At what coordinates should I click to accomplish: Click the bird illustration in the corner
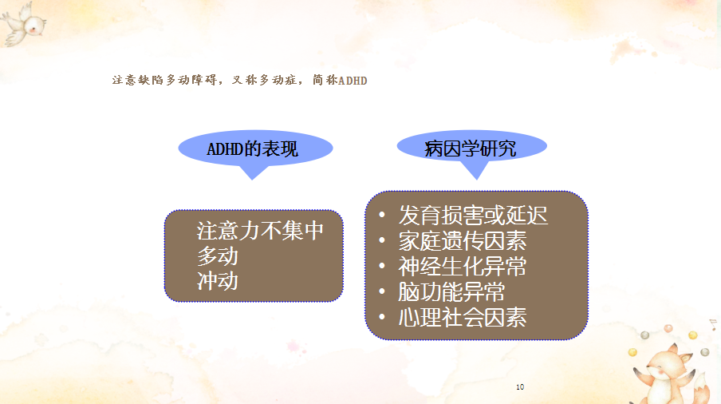pyautogui.click(x=23, y=24)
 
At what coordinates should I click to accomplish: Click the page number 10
pyautogui.click(x=520, y=387)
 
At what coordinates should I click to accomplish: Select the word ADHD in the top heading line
pyautogui.click(x=353, y=81)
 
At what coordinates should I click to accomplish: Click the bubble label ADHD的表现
pyautogui.click(x=253, y=149)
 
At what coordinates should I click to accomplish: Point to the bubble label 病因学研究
pyautogui.click(x=471, y=149)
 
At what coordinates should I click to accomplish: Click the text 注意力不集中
pyautogui.click(x=260, y=231)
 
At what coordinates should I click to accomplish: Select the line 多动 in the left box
pyautogui.click(x=218, y=255)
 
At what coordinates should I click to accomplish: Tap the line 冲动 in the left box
pyautogui.click(x=218, y=281)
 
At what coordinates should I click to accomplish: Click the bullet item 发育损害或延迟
pyautogui.click(x=473, y=216)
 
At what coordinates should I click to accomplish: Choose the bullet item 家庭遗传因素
pyautogui.click(x=463, y=240)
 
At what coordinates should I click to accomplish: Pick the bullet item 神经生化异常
pyautogui.click(x=463, y=267)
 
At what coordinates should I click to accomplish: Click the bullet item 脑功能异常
pyautogui.click(x=451, y=291)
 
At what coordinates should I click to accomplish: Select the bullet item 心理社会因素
pyautogui.click(x=463, y=318)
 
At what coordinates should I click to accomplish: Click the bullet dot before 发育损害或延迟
pyautogui.click(x=382, y=215)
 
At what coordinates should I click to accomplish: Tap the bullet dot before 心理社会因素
pyautogui.click(x=382, y=317)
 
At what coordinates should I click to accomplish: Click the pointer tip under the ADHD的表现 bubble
pyautogui.click(x=252, y=180)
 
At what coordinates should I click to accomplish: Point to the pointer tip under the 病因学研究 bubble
pyautogui.click(x=476, y=180)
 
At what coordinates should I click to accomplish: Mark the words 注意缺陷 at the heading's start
pyautogui.click(x=138, y=80)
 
